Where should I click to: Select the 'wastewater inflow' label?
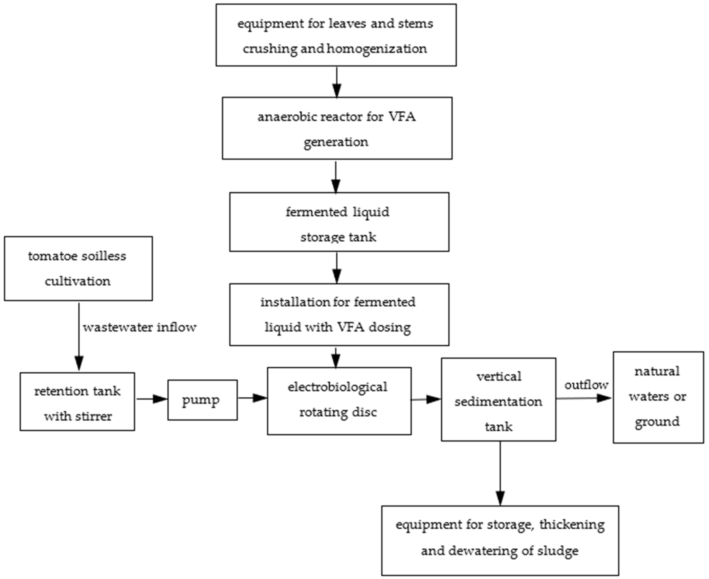click(x=139, y=327)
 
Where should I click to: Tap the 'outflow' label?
click(x=586, y=385)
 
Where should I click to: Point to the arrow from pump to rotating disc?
click(x=252, y=398)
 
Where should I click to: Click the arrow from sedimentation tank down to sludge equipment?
click(x=500, y=474)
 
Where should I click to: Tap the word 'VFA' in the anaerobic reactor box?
click(x=402, y=117)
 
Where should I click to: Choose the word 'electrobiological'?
click(x=337, y=387)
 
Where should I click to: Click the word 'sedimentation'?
click(x=498, y=402)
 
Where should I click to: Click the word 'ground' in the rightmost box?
click(x=657, y=422)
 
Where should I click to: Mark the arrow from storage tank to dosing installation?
click(x=337, y=268)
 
